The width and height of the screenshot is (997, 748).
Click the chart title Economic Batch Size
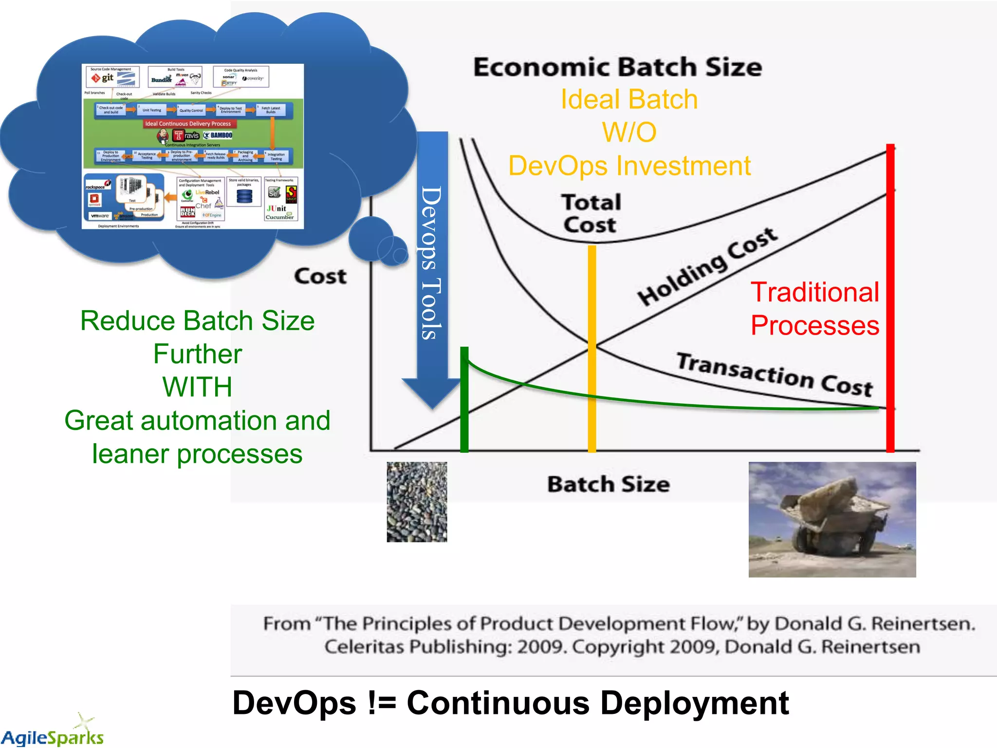(617, 67)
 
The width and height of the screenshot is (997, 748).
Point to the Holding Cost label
(707, 266)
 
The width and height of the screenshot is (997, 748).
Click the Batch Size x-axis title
(608, 485)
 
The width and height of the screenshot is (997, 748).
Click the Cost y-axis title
(320, 276)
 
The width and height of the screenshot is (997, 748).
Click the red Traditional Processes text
(814, 309)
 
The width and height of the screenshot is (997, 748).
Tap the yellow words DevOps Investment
(629, 166)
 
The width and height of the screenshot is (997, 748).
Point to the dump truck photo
(832, 520)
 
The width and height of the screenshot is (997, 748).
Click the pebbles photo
(417, 502)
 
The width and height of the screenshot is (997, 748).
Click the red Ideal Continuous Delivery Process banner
(187, 124)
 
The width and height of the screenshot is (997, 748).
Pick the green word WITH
(197, 387)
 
